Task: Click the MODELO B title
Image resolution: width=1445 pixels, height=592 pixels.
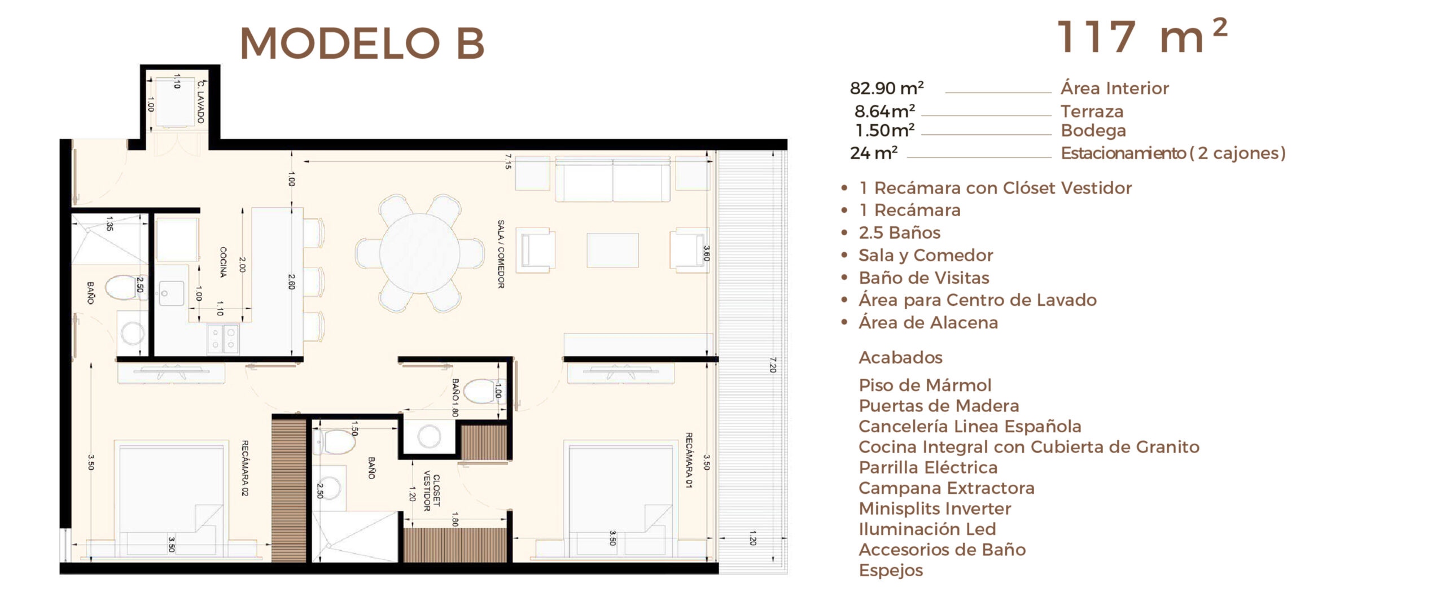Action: point(362,43)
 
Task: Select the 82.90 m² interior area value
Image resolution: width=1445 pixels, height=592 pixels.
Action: point(887,88)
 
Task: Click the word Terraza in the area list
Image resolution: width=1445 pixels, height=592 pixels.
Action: point(1092,111)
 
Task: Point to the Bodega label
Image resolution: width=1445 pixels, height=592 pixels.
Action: point(1093,130)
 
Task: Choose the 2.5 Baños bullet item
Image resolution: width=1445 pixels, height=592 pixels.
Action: point(899,233)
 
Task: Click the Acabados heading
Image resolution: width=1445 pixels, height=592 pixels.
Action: point(900,357)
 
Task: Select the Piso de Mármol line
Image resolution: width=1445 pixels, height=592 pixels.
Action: point(925,385)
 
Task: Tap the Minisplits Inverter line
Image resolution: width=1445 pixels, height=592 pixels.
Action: point(935,508)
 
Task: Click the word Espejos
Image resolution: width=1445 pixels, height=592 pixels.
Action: point(891,571)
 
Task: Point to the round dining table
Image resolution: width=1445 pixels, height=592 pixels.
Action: point(419,253)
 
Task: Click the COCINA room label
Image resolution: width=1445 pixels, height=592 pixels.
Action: point(223,262)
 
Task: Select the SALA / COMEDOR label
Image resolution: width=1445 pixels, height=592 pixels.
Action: point(501,254)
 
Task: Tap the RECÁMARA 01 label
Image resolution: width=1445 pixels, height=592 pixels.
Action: point(689,460)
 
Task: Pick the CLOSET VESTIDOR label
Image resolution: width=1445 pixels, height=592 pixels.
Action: point(432,490)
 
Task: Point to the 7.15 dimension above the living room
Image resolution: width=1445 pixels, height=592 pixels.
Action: point(508,161)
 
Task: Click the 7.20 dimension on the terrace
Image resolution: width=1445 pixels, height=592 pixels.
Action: point(773,365)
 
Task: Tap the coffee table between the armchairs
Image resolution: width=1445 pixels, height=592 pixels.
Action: point(613,250)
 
